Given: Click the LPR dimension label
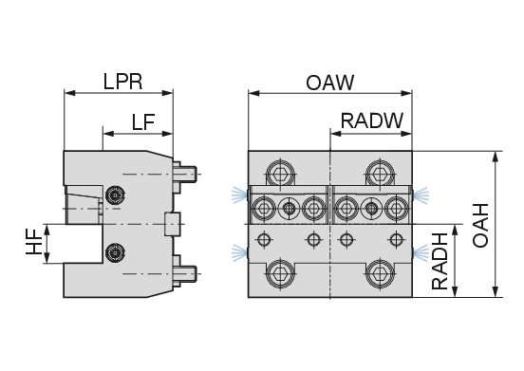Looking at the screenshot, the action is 123,82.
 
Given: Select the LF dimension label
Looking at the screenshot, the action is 143,121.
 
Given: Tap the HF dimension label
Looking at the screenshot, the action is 34,242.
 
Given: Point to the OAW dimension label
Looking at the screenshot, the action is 329,83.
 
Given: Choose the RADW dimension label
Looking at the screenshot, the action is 372,121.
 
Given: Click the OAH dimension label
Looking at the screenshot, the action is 480,225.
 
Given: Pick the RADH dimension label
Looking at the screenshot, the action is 440,262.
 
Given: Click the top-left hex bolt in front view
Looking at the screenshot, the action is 281,174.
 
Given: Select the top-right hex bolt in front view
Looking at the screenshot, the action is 381,174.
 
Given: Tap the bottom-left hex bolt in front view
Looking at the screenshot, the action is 281,274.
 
